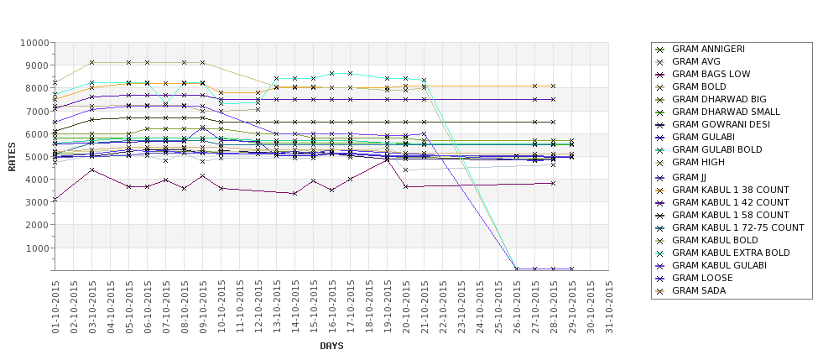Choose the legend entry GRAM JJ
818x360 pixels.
[x=689, y=177]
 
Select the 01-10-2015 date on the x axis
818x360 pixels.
[x=55, y=306]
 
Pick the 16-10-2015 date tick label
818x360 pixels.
[x=332, y=306]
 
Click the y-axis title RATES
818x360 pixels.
[x=12, y=156]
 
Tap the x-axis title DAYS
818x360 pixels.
[x=331, y=346]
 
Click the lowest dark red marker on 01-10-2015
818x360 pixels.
[x=55, y=200]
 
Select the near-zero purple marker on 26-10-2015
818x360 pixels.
[x=517, y=269]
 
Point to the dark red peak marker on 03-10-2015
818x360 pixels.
[x=92, y=170]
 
